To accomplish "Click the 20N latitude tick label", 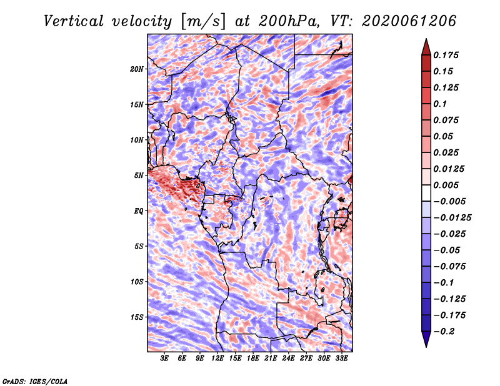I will tap(137, 69).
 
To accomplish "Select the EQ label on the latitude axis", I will tap(139, 210).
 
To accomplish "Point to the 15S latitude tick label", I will tap(137, 317).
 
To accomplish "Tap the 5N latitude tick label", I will tap(139, 175).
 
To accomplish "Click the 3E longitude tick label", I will tap(165, 359).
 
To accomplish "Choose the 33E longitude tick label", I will tap(342, 359).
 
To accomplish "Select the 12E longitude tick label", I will tap(218, 359).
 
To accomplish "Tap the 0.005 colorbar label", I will tap(448, 185).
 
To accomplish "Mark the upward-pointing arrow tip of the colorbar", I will tap(426, 41).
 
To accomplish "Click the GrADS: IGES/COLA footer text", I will tap(34, 380).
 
